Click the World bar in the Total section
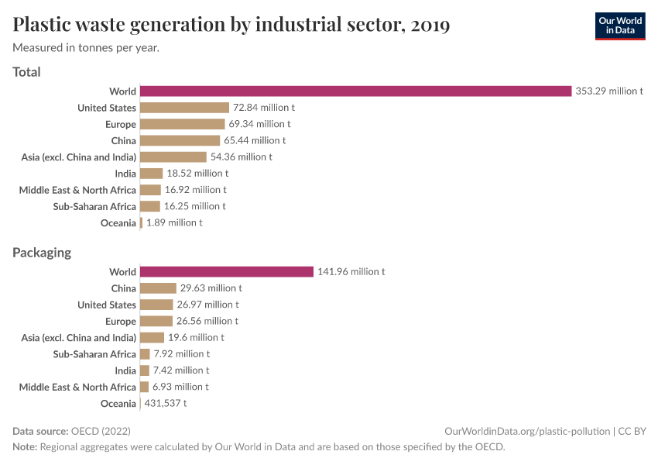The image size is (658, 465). (x=355, y=91)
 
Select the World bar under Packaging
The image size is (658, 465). (x=227, y=272)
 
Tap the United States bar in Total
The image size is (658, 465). (x=185, y=108)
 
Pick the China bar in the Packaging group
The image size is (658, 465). (x=158, y=288)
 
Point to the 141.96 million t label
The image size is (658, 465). (x=351, y=272)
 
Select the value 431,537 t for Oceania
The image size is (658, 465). (x=166, y=403)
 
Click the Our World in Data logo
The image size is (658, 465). (x=619, y=26)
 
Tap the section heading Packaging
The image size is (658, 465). (x=42, y=253)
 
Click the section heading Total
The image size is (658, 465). (x=27, y=72)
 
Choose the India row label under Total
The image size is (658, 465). (x=125, y=174)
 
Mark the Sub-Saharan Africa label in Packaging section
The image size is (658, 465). (x=94, y=354)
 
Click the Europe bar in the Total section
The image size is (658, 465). (x=183, y=124)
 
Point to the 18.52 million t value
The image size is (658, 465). (x=197, y=174)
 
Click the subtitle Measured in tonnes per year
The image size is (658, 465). (x=86, y=48)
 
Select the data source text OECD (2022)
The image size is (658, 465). (x=101, y=431)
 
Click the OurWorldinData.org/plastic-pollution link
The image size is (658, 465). (x=527, y=431)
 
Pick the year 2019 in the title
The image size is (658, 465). (x=430, y=25)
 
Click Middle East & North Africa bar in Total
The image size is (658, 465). (x=150, y=190)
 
